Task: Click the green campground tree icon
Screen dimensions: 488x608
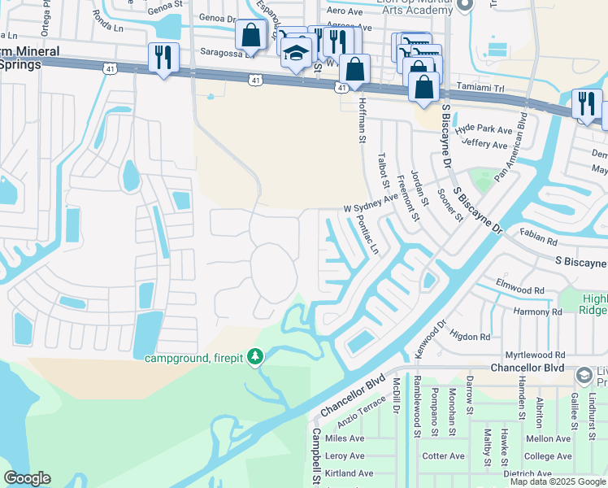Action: coord(256,357)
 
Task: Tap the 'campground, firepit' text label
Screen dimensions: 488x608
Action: coord(195,358)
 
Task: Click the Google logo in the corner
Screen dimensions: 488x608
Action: coord(27,478)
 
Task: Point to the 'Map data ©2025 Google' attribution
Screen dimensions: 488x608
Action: coord(558,481)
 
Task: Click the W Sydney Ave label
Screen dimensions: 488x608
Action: coord(370,202)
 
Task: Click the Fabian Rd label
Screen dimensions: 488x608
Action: coord(539,242)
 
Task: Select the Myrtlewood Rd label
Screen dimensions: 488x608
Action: coord(534,355)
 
